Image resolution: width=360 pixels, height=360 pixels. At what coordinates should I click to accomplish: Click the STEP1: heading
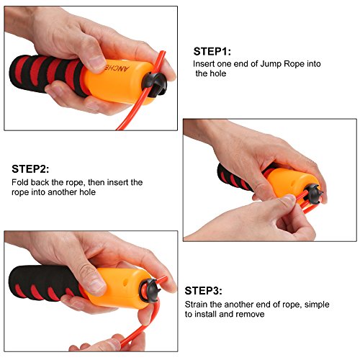click(212, 51)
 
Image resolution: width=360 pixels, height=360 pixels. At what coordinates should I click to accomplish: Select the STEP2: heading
click(30, 169)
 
